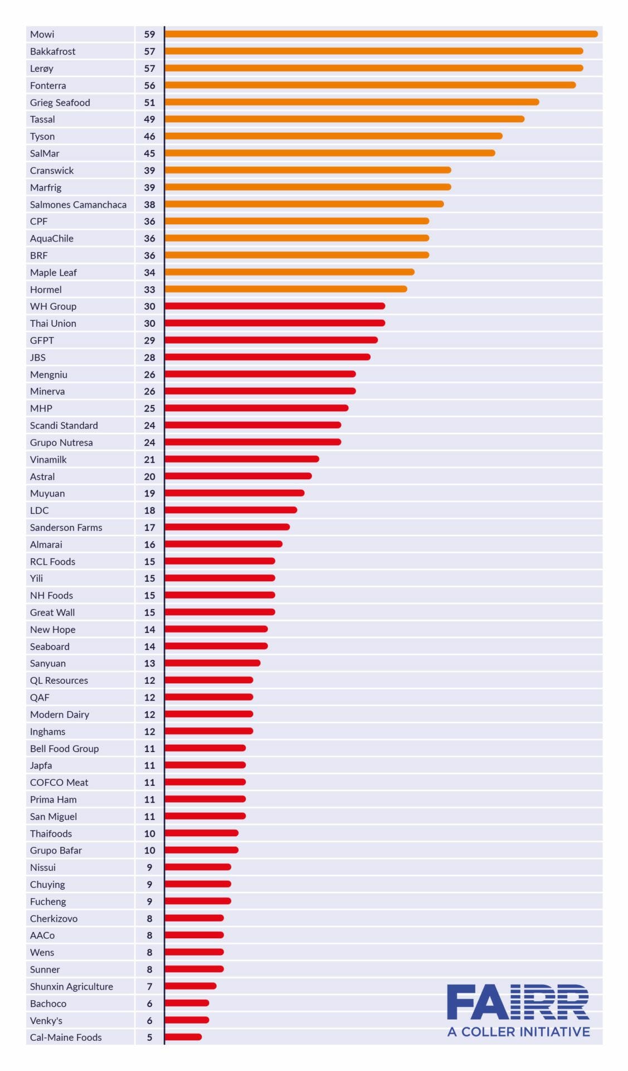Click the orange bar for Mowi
point(381,34)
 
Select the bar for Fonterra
point(370,85)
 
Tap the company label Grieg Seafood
point(60,103)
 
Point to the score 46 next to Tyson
point(149,136)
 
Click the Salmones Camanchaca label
point(78,205)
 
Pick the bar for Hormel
point(286,289)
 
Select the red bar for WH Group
point(275,306)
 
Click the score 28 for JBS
point(149,358)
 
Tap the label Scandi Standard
point(64,426)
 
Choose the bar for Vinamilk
point(242,459)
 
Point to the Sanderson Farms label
point(66,528)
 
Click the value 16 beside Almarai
point(149,544)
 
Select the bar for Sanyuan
point(212,663)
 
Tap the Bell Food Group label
point(65,749)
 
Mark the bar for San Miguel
point(205,816)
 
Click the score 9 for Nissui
point(149,867)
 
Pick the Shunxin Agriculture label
point(71,986)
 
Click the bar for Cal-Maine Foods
point(183,1037)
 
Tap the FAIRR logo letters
point(518,1002)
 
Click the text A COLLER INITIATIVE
point(518,1031)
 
